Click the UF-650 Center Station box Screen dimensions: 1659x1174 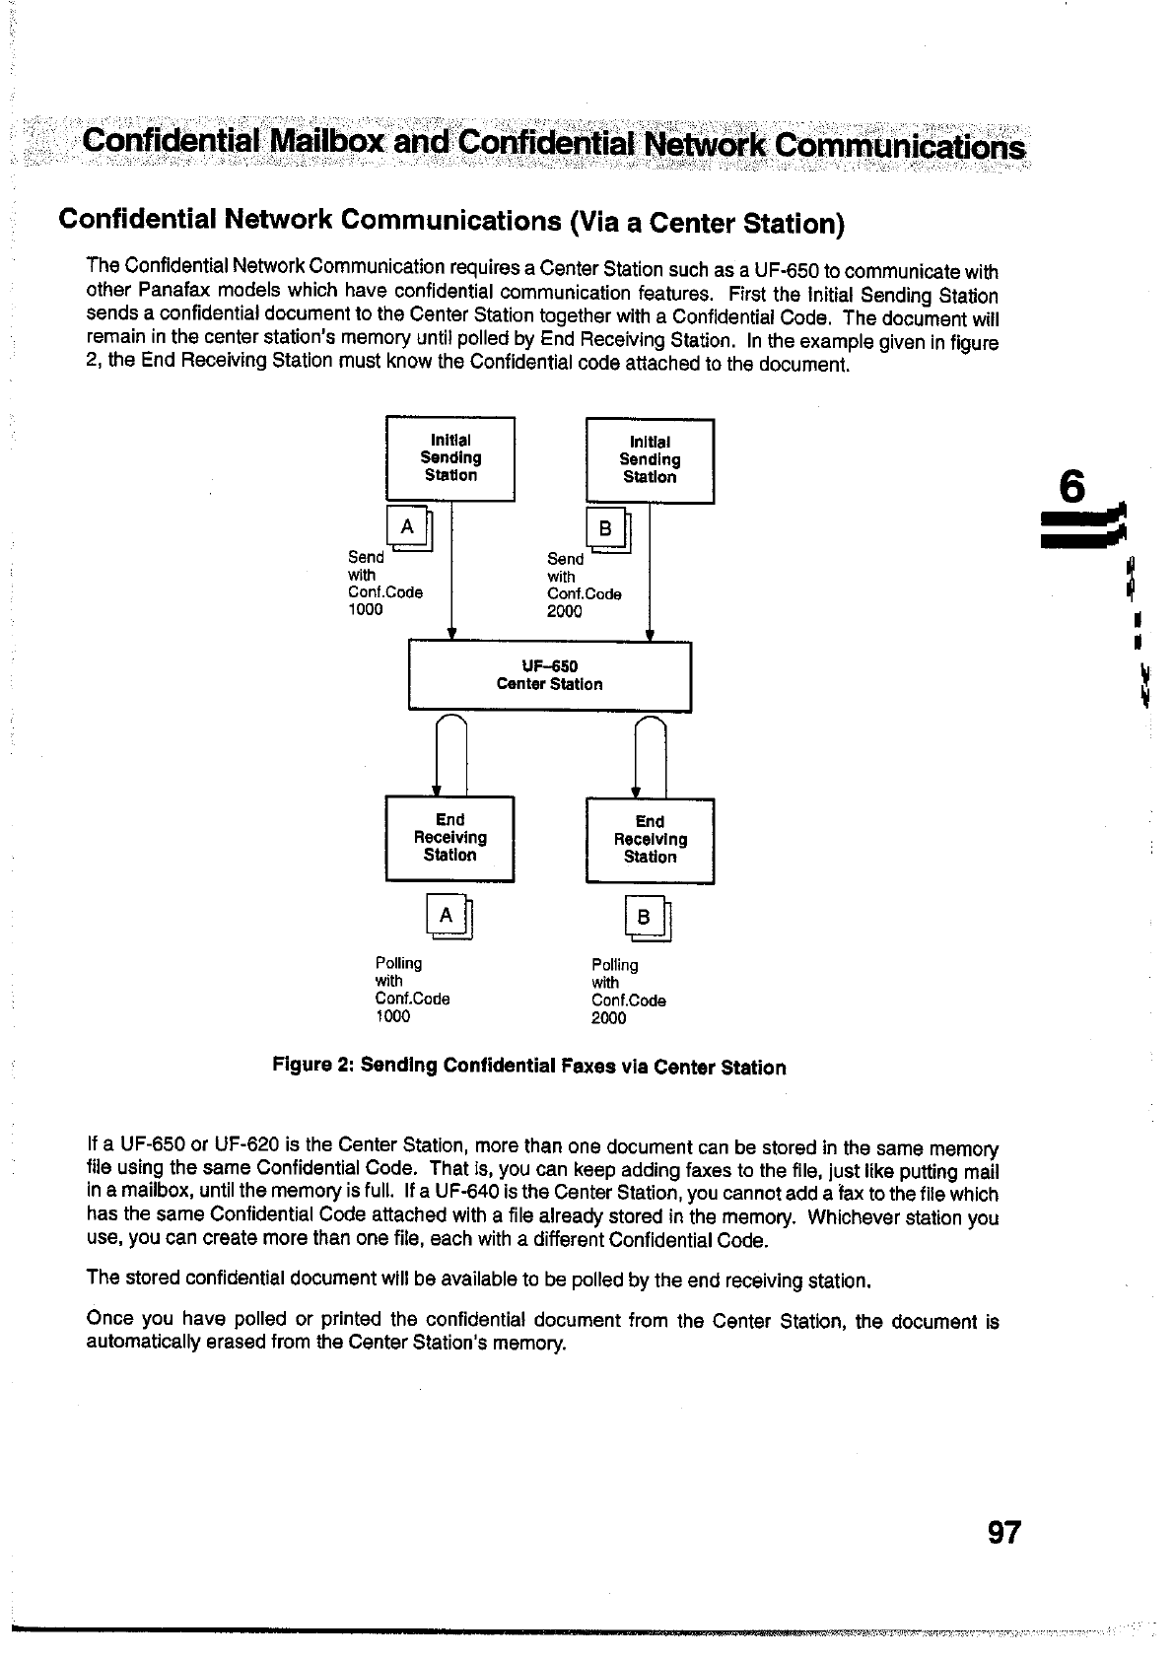[x=549, y=675]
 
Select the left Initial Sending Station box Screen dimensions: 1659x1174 [x=450, y=458]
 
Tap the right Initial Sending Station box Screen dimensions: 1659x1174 [x=650, y=460]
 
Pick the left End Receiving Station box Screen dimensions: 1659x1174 [x=449, y=838]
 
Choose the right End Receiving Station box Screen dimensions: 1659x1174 [x=650, y=840]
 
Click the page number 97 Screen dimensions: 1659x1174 [x=1002, y=1533]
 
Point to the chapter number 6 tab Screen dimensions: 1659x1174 [x=1071, y=489]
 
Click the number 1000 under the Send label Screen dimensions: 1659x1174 [x=366, y=610]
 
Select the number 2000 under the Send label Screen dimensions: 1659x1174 [x=565, y=612]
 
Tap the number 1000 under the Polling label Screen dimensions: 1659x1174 [x=392, y=1016]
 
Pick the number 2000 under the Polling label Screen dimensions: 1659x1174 [x=608, y=1018]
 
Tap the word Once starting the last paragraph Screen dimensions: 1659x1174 [x=109, y=1319]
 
